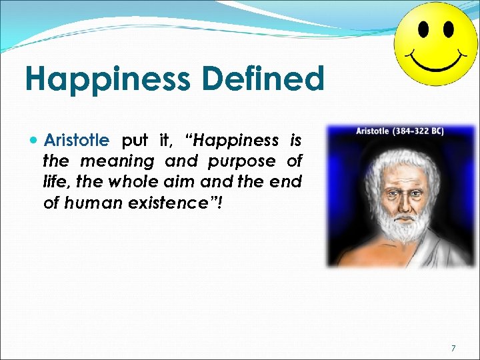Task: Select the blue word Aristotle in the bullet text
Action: click(x=75, y=141)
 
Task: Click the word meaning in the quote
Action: click(x=117, y=161)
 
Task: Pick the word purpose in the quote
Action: click(x=242, y=161)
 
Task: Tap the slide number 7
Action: click(x=453, y=348)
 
